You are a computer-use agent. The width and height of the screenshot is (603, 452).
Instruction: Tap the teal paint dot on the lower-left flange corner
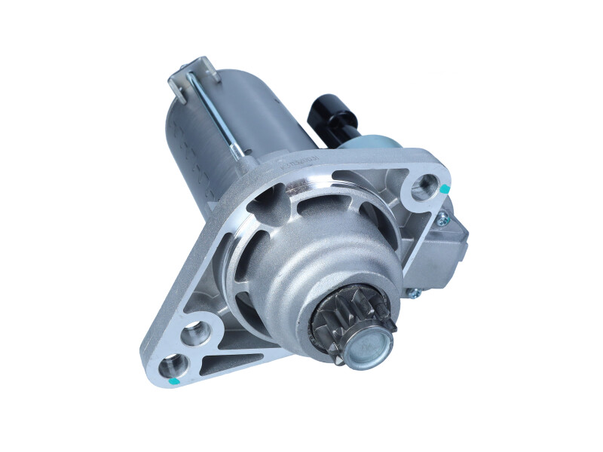(x=175, y=381)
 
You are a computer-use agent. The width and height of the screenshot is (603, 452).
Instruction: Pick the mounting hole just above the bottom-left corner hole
(x=194, y=331)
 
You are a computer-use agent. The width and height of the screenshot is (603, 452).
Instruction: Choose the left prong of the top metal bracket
(x=177, y=87)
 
